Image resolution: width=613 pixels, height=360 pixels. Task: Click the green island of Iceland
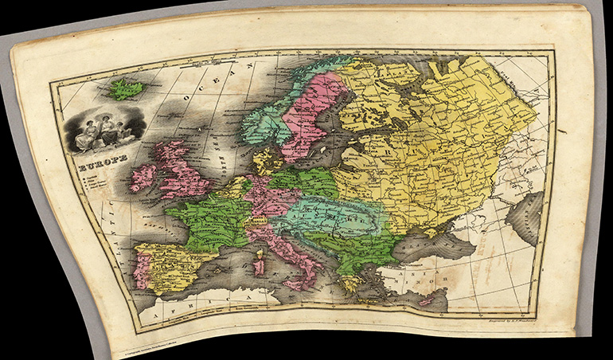125,88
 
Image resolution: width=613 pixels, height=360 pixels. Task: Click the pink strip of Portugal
143,270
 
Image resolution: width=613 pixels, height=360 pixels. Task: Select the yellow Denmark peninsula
266,159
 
